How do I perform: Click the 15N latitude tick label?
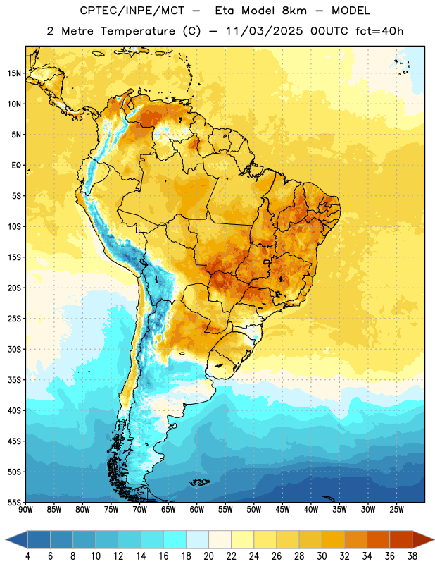point(13,73)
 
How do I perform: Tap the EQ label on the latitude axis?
point(16,166)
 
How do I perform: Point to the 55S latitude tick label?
point(13,502)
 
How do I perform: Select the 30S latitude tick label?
point(13,349)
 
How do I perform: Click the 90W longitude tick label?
point(25,510)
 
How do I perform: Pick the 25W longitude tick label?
point(396,510)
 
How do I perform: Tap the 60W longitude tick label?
point(197,510)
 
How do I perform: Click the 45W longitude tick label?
point(282,510)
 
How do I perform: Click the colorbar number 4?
point(27,556)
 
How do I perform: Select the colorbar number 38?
point(412,556)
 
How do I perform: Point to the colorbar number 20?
point(208,556)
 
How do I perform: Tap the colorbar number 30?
point(322,556)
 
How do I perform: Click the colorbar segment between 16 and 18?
point(175,539)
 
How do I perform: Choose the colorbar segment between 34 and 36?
point(378,539)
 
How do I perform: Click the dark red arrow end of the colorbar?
point(423,539)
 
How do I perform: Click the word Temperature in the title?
point(137,31)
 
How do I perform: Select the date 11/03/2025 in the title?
point(265,31)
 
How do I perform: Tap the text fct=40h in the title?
point(379,31)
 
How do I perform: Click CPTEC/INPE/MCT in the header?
point(132,11)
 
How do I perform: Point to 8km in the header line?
point(294,11)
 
